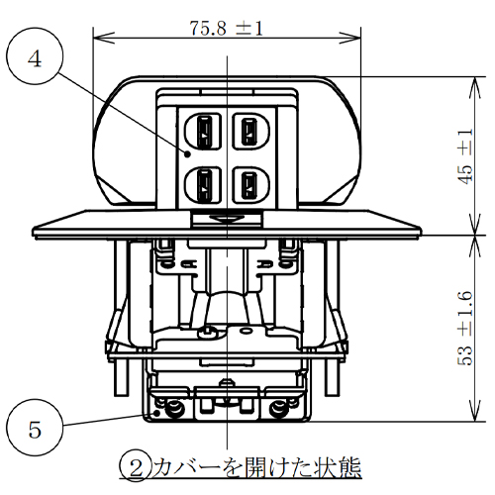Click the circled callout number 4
click(36, 59)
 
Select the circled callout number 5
click(36, 430)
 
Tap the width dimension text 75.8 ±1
click(227, 28)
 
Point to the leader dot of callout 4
click(186, 153)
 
